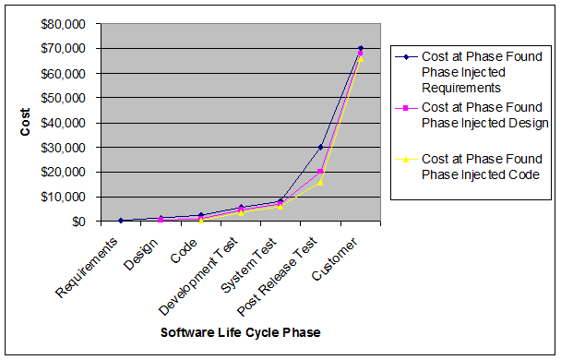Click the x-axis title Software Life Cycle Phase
click(241, 331)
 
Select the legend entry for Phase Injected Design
click(471, 114)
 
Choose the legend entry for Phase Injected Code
click(471, 166)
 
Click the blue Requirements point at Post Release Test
click(321, 147)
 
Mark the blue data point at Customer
click(361, 48)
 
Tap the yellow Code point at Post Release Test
click(321, 182)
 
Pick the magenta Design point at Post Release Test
click(321, 171)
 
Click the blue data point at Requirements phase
click(122, 221)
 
